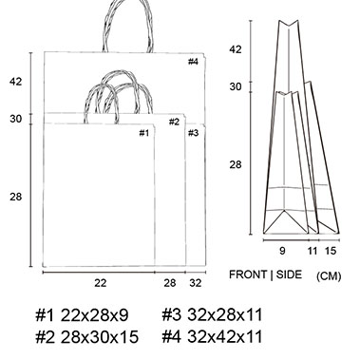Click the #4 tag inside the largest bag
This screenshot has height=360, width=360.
pyautogui.click(x=193, y=62)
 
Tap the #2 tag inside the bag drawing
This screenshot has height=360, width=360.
pyautogui.click(x=174, y=122)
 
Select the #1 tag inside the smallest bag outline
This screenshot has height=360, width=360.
pyautogui.click(x=144, y=133)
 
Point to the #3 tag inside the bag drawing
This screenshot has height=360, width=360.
pyautogui.click(x=193, y=133)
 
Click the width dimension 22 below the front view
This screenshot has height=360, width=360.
pyautogui.click(x=101, y=283)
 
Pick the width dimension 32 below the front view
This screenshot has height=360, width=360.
pyautogui.click(x=196, y=283)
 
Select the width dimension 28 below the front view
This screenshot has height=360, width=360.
pyautogui.click(x=170, y=283)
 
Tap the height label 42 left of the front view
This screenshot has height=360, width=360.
pyautogui.click(x=16, y=82)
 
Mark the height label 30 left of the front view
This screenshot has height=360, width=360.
pyautogui.click(x=16, y=119)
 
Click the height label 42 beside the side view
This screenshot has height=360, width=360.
pyautogui.click(x=236, y=49)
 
